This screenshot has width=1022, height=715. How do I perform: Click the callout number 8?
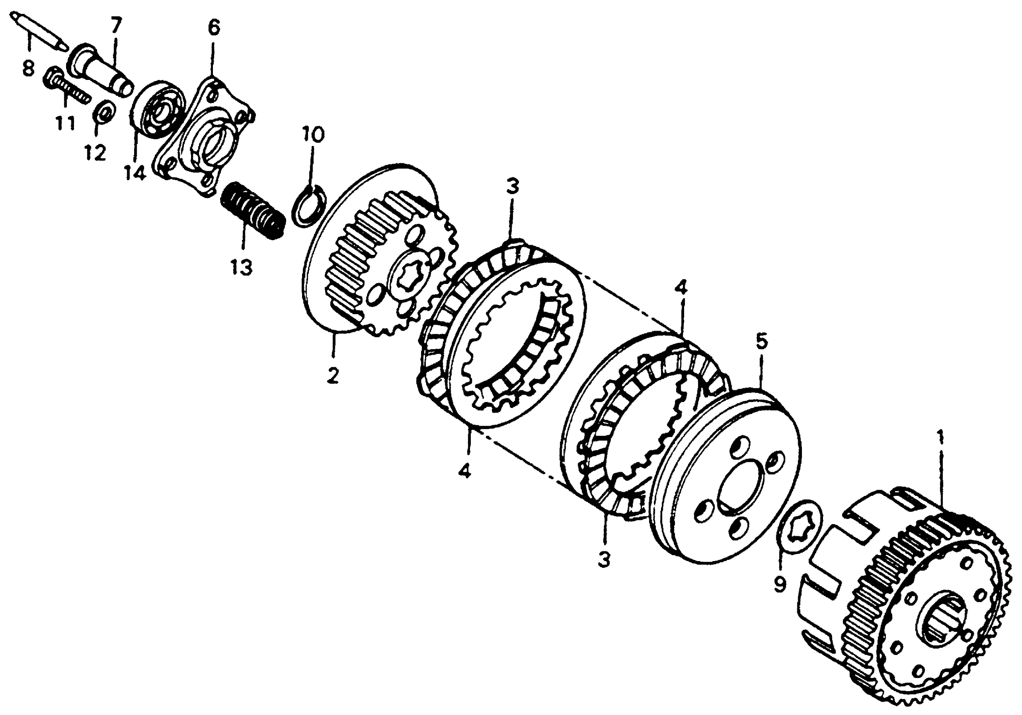pyautogui.click(x=28, y=69)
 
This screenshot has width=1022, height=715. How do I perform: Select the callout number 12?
pyautogui.click(x=95, y=153)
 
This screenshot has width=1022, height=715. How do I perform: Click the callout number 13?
pyautogui.click(x=242, y=267)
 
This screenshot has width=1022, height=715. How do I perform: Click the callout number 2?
pyautogui.click(x=332, y=376)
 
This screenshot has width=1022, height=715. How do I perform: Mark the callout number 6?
pyautogui.click(x=214, y=28)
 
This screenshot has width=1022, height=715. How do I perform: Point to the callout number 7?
pyautogui.click(x=116, y=26)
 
